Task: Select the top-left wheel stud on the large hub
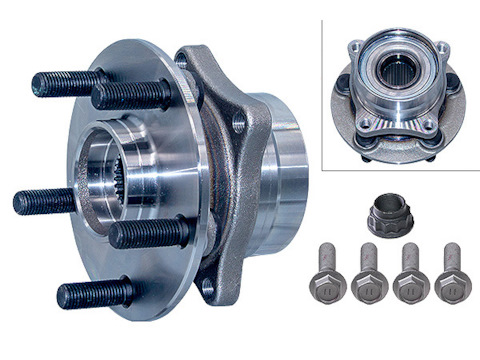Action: click(65, 82)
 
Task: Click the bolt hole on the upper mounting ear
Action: click(239, 125)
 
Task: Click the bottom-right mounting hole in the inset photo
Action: click(431, 126)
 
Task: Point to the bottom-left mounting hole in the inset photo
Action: click(366, 124)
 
